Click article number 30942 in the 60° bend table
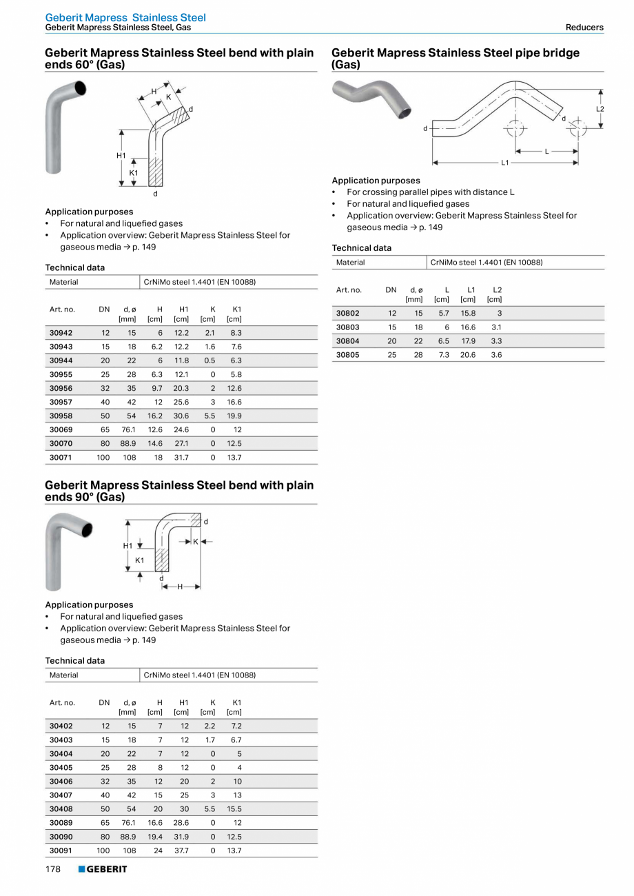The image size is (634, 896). [61, 333]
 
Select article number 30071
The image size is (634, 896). [61, 457]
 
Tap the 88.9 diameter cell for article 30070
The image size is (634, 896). [128, 443]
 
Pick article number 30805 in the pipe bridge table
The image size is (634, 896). [347, 354]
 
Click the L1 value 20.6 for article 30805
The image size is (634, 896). [468, 354]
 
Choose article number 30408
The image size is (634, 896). [61, 808]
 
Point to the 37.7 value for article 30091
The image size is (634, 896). [181, 850]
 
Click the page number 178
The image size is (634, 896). [53, 869]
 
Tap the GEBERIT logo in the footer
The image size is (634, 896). [103, 869]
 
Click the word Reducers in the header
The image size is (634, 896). [584, 28]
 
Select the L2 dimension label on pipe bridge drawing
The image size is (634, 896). [600, 109]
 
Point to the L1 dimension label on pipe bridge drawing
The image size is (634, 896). [505, 163]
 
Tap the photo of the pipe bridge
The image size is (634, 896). [372, 97]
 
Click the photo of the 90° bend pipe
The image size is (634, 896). [66, 551]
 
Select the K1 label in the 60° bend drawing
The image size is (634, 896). [134, 172]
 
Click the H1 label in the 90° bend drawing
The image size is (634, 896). [127, 546]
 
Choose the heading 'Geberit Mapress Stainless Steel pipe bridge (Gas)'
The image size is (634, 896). [456, 59]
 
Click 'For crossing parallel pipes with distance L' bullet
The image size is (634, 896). [430, 192]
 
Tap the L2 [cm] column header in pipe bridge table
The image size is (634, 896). [495, 294]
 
